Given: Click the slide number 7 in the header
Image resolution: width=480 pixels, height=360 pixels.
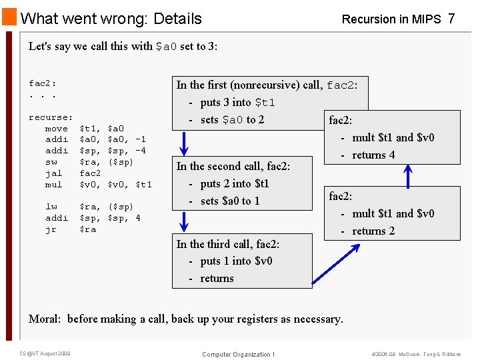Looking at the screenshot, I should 451,19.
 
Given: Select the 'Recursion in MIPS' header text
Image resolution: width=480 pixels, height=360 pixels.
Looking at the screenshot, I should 391,19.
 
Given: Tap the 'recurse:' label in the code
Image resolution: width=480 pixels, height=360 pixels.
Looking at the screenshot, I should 51,117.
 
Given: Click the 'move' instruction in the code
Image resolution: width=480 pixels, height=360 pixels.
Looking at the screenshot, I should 56,129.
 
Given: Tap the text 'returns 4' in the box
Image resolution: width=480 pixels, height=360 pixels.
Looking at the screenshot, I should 373,155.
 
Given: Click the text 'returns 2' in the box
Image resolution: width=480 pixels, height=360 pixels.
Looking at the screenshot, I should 373,231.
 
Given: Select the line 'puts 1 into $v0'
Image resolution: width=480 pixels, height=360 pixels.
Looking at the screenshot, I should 236,261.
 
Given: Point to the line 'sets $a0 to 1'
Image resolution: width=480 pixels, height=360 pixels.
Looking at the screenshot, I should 230,201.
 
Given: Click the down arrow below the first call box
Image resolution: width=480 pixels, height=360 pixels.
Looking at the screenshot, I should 185,142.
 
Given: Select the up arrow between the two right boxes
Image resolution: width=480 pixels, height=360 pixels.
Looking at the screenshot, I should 408,175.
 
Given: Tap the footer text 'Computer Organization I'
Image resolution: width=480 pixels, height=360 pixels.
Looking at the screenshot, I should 238,355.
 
